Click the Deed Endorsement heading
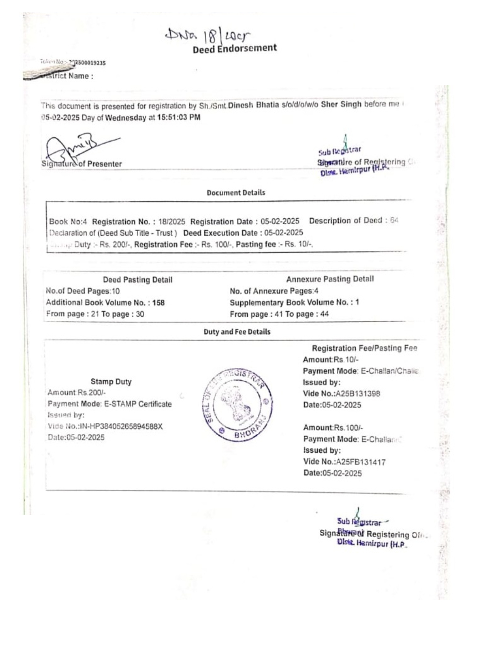click(x=235, y=49)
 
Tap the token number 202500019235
click(x=88, y=63)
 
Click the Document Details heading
click(x=236, y=192)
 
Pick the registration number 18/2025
click(x=172, y=221)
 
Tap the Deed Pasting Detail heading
click(x=138, y=279)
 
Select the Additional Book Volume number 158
click(x=158, y=303)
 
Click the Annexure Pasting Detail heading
click(x=330, y=279)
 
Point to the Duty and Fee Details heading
click(x=237, y=331)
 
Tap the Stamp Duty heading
click(x=111, y=381)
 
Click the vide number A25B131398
click(x=358, y=394)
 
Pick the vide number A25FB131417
click(x=360, y=462)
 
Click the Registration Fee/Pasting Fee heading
click(x=364, y=348)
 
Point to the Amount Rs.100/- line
click(x=333, y=428)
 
